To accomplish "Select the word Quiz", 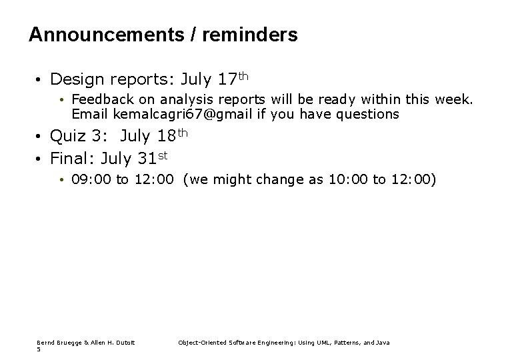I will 67,137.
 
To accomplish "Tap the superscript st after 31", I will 162,155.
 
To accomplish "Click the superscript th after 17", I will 243,76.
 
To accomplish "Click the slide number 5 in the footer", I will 39,349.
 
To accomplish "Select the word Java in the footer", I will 383,343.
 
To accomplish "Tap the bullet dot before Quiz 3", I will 41,137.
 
